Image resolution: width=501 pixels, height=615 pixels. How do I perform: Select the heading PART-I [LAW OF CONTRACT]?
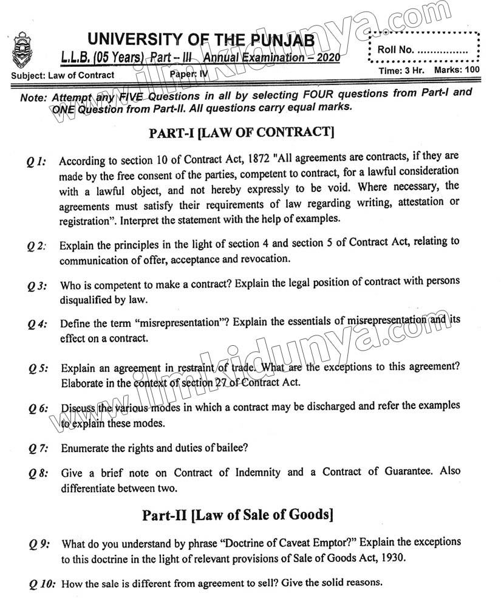click(x=241, y=131)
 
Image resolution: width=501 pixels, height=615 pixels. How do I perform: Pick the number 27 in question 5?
click(x=222, y=383)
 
